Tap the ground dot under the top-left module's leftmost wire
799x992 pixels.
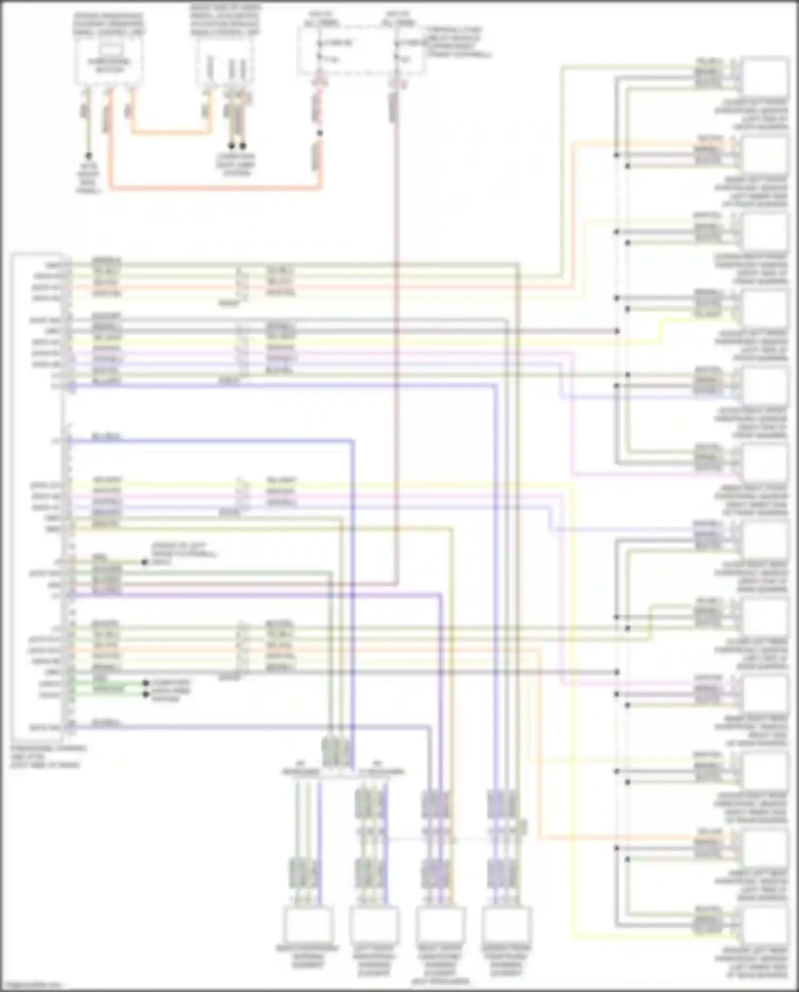pyautogui.click(x=88, y=156)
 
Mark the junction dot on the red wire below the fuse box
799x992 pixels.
pyautogui.click(x=320, y=133)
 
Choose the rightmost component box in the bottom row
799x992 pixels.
pyautogui.click(x=506, y=925)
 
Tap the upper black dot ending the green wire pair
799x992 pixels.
pyautogui.click(x=145, y=683)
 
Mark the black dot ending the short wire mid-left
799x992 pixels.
pyautogui.click(x=144, y=562)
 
